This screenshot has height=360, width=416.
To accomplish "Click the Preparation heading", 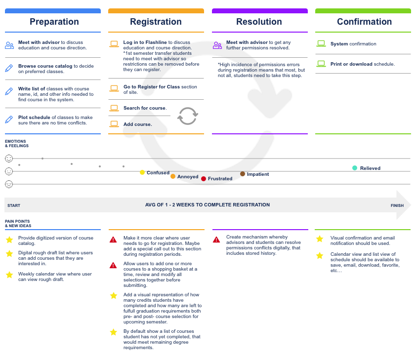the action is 54,22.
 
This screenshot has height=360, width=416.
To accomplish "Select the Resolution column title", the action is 259,22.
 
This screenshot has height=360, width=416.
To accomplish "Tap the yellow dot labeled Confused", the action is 142,172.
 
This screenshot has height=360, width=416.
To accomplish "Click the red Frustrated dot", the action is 204,179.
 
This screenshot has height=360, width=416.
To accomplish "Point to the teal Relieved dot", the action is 354,168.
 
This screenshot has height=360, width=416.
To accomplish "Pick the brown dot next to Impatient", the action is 243,174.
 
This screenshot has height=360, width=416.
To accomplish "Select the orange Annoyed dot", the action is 173,177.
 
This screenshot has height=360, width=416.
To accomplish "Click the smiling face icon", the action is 9,159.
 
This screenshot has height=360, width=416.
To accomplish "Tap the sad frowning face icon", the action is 9,184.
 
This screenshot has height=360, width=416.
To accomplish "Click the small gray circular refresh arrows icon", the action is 188,116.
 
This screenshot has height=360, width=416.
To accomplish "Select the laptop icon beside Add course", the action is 114,124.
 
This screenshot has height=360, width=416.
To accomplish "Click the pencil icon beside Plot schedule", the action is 9,120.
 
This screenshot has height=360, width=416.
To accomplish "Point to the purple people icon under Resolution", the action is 217,45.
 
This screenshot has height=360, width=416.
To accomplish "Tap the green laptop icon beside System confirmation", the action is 321,43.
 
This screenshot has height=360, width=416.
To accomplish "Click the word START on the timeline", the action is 14,205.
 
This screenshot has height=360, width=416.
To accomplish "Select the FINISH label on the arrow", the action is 397,205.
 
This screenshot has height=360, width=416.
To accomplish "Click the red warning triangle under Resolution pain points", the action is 216,240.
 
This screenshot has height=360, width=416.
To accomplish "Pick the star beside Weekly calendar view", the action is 9,275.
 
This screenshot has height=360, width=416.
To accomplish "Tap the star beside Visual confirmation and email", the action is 320,239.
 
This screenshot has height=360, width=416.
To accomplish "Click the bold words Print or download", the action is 351,64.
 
